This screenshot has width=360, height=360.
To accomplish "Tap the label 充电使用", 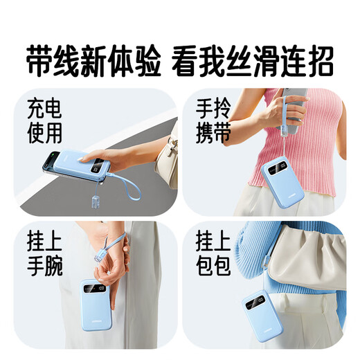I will (46, 121).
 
